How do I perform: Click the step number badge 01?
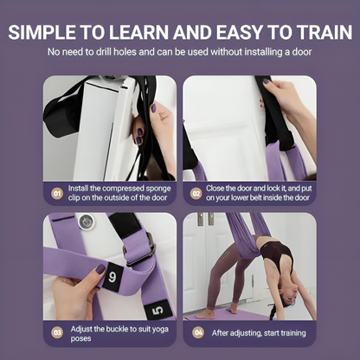(57, 195)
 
